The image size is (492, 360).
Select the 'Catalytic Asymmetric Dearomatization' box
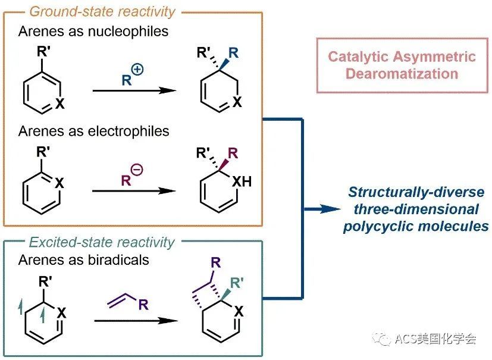tap(402, 65)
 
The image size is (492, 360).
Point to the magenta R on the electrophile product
tap(233, 154)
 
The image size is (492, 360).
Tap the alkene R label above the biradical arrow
tap(143, 305)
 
